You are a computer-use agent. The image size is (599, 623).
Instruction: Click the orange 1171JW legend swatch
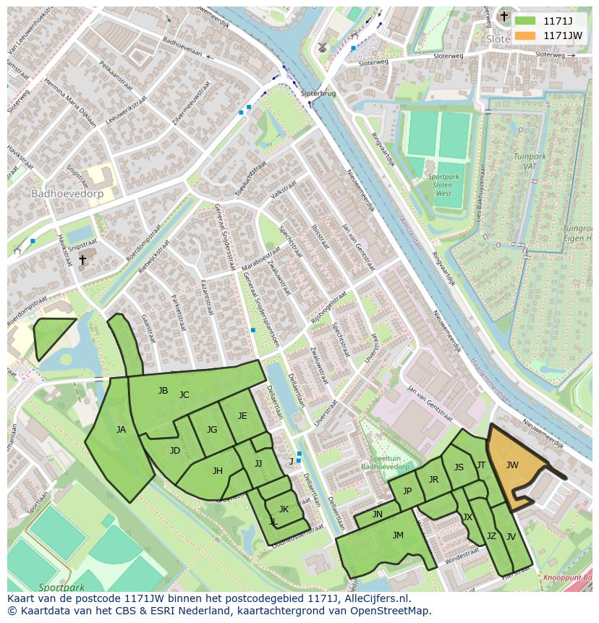coord(526,35)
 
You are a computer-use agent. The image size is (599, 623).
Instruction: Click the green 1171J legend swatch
coord(526,21)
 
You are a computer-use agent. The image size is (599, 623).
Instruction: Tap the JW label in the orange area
coord(512,465)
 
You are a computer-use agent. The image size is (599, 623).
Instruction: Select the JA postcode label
coord(121,430)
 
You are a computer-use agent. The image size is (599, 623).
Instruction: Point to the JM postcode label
coord(398,535)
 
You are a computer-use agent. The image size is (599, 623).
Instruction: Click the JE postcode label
coord(242,416)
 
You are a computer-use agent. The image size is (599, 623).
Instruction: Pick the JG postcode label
coord(212,430)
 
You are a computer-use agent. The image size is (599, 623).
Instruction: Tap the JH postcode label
coord(217,471)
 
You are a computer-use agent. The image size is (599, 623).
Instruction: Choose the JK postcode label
coord(284,509)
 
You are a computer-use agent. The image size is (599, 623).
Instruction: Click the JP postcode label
coord(407,491)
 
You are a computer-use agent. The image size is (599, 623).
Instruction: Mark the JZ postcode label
coord(491,536)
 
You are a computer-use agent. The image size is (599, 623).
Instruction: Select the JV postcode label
coord(511,537)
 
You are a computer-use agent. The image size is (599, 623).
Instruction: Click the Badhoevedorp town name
coord(67,194)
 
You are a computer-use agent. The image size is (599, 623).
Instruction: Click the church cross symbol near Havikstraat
coord(82,260)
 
